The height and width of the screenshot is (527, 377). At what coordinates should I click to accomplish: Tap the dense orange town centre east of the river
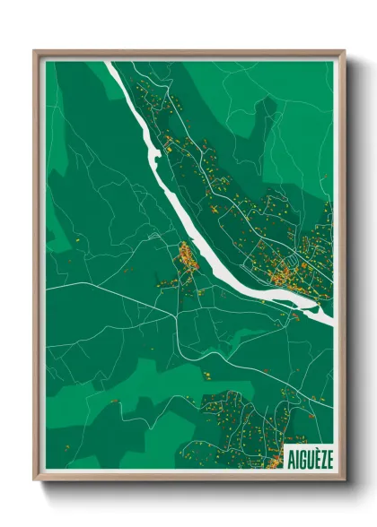285,269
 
